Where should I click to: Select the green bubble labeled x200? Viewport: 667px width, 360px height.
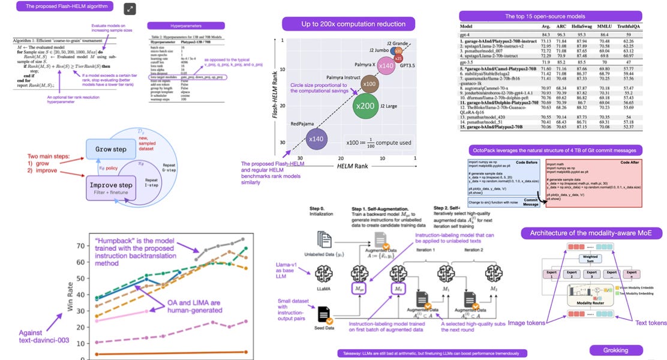[365, 106]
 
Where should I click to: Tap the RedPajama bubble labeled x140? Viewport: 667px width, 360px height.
[316, 140]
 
